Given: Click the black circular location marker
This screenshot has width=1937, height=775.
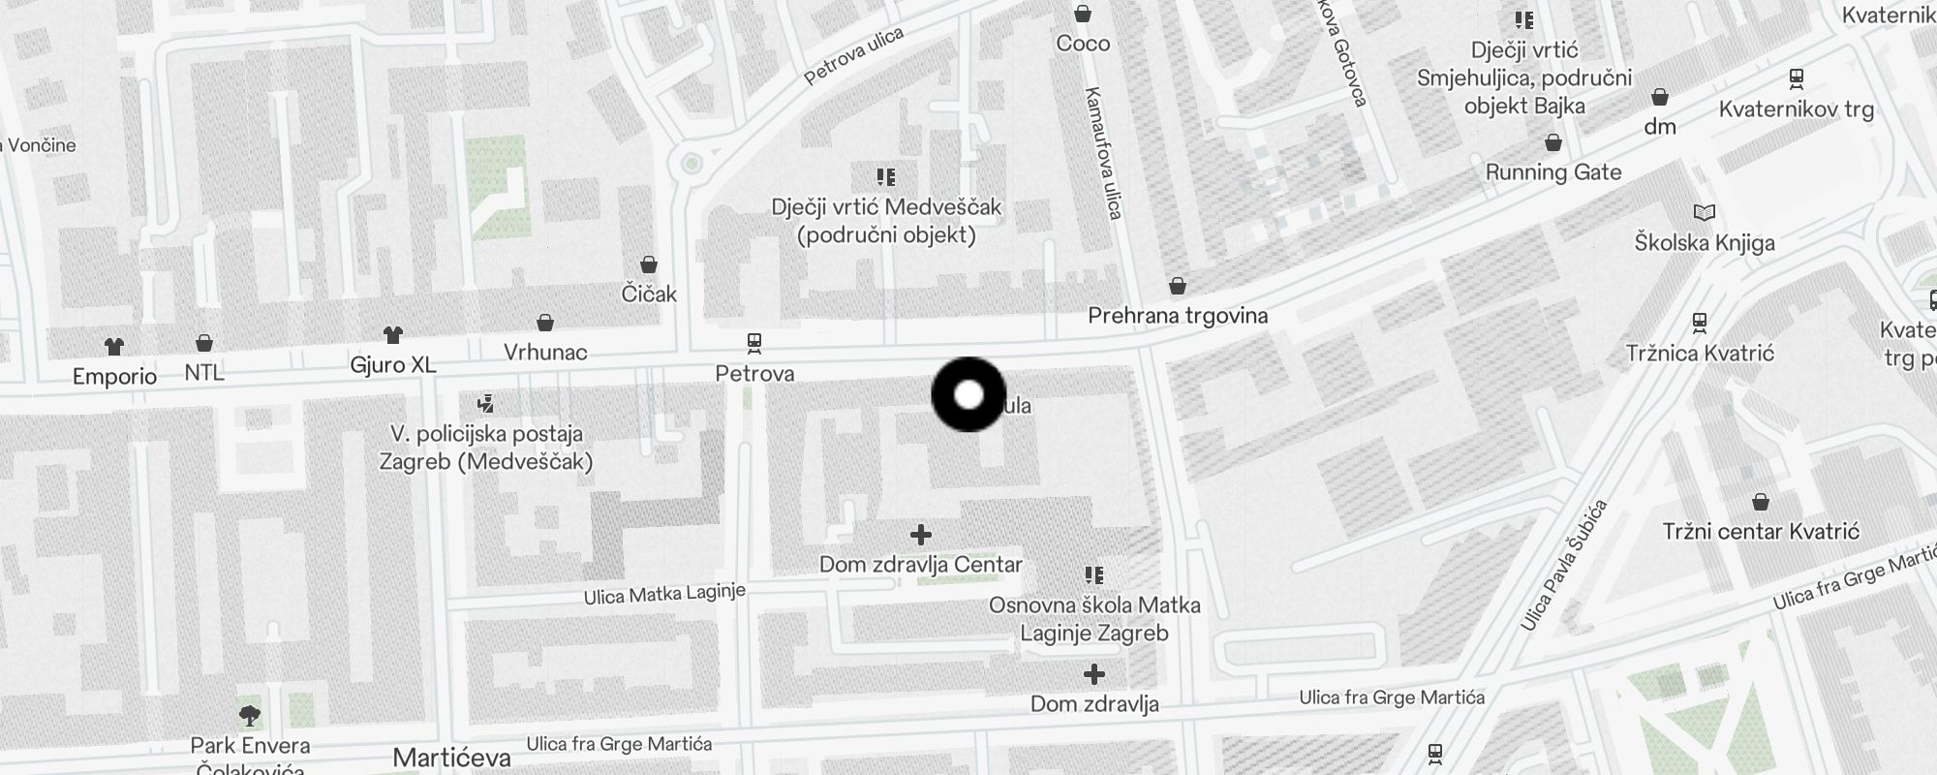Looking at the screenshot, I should [x=968, y=394].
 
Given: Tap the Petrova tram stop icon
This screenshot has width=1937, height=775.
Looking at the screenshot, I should [x=753, y=343].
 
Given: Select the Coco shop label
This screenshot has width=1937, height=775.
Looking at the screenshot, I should [x=1083, y=44].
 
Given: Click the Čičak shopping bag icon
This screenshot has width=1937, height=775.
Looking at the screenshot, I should [x=649, y=264].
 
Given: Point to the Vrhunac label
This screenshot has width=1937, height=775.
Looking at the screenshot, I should [x=545, y=353].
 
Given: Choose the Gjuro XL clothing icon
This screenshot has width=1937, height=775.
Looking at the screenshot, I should [x=392, y=335].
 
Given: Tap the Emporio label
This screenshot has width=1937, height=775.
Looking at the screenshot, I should [x=114, y=377].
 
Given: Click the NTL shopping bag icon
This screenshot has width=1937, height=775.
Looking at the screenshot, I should [x=204, y=343].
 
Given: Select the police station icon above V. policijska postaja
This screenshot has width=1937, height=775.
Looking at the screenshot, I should [x=486, y=403].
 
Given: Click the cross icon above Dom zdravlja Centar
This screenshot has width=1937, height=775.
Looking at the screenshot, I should [x=921, y=535].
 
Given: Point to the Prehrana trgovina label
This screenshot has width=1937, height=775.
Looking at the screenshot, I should [x=1178, y=316].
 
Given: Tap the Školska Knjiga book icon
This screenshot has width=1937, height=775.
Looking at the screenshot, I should [x=1704, y=212].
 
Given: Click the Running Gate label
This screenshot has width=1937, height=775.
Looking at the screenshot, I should [x=1553, y=172].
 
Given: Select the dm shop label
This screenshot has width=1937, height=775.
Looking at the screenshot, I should [x=1659, y=127].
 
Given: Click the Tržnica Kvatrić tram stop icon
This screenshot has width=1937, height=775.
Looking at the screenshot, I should [x=1699, y=323].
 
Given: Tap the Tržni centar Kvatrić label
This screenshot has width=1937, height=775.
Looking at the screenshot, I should [x=1761, y=532].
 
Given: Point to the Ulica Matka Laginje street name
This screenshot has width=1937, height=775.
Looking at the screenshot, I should [x=664, y=594].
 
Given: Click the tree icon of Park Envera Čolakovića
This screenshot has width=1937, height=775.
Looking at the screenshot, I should [x=250, y=716].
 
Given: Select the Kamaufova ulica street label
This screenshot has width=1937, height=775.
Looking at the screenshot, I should [x=1103, y=153].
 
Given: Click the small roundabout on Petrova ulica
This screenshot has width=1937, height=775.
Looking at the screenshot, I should [x=692, y=163].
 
